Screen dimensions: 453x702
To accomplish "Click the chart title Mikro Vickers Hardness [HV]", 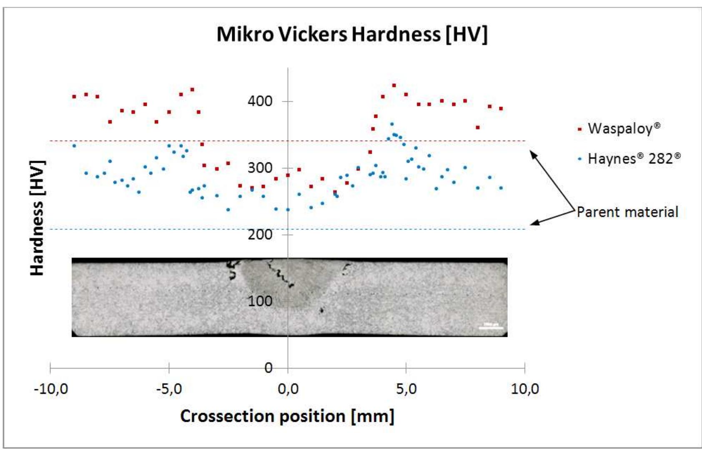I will pyautogui.click(x=352, y=34).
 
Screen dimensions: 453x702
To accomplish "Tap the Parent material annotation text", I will pyautogui.click(x=627, y=212).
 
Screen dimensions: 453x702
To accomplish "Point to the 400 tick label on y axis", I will pyautogui.click(x=260, y=101).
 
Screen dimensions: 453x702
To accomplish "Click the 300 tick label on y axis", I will pyautogui.click(x=260, y=168).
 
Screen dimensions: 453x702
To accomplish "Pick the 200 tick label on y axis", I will pyautogui.click(x=260, y=234).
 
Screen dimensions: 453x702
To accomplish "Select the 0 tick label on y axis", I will pyautogui.click(x=268, y=368).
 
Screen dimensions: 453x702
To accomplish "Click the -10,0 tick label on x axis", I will pyautogui.click(x=51, y=389).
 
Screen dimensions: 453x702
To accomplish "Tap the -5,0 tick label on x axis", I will pyautogui.click(x=169, y=389).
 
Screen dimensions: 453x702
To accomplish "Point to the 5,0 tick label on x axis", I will pyautogui.click(x=406, y=389).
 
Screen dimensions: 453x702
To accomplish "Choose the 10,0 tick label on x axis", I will pyautogui.click(x=524, y=389).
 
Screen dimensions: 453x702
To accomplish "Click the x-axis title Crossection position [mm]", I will pyautogui.click(x=287, y=416).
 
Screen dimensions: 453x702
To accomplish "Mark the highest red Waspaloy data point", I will pyautogui.click(x=394, y=86).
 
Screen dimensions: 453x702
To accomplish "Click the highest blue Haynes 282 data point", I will pyautogui.click(x=392, y=124).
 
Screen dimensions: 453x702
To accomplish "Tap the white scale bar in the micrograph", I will pyautogui.click(x=491, y=327).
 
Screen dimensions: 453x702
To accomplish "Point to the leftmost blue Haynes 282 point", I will pyautogui.click(x=74, y=146).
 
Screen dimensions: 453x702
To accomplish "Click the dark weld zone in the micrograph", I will pyautogui.click(x=275, y=283).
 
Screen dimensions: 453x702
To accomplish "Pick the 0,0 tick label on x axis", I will pyautogui.click(x=288, y=389).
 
